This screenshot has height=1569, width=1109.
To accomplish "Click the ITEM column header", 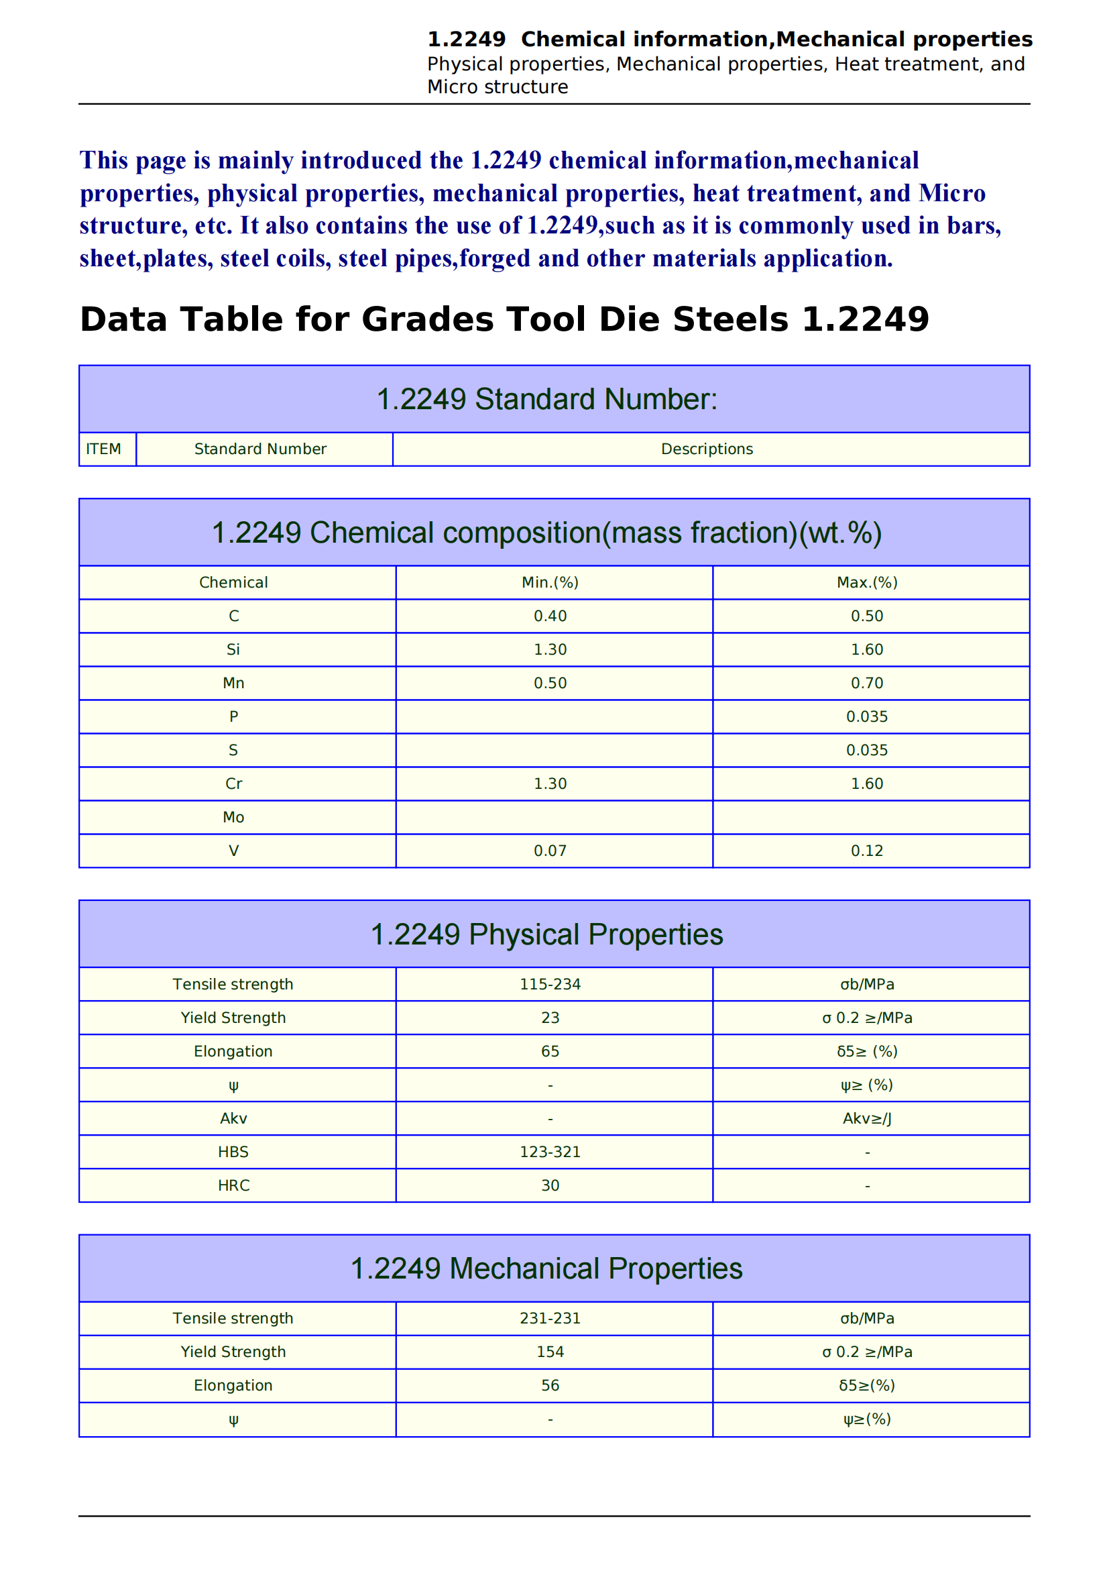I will [104, 449].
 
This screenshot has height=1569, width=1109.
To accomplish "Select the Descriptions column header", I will [707, 449].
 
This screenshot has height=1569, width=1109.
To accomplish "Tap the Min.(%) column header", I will [550, 582].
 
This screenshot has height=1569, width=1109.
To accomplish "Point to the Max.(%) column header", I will [866, 582].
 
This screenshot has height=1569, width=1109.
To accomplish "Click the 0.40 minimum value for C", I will [550, 616].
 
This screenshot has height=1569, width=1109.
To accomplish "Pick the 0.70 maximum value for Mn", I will [866, 683].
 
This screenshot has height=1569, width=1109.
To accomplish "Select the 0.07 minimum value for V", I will [550, 851].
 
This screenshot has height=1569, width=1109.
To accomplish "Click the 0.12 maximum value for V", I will [866, 851].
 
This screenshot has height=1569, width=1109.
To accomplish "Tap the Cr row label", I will [233, 783].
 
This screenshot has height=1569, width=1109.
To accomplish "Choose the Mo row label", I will [233, 817].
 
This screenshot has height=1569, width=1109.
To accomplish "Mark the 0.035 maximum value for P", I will [866, 716].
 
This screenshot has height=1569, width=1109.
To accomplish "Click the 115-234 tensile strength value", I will [550, 984].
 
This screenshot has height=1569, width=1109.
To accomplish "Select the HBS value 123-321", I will [550, 1152].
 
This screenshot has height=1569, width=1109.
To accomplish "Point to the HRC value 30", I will [550, 1185].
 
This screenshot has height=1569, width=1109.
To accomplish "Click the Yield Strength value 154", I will [550, 1352].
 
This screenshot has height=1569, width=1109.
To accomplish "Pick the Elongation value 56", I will [550, 1385].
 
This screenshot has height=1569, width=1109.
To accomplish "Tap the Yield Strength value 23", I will [550, 1018].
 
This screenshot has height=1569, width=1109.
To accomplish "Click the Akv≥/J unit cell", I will [866, 1119].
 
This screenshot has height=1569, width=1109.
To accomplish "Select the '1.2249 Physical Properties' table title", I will [546, 934].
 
